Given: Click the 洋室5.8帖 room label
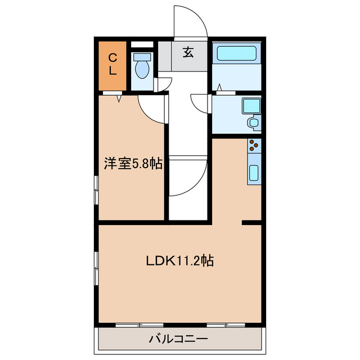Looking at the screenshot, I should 133,164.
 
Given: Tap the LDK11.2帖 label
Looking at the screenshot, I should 179,261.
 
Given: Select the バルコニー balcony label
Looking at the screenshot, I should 178,339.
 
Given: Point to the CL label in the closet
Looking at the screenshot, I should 112,64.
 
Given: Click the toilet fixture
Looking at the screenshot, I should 142,66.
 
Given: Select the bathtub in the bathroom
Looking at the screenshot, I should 237,54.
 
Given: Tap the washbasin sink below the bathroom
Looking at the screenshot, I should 254,121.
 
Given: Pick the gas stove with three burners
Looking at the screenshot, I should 254,145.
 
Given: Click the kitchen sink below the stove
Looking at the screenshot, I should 254,174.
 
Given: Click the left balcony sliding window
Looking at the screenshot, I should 139,325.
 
